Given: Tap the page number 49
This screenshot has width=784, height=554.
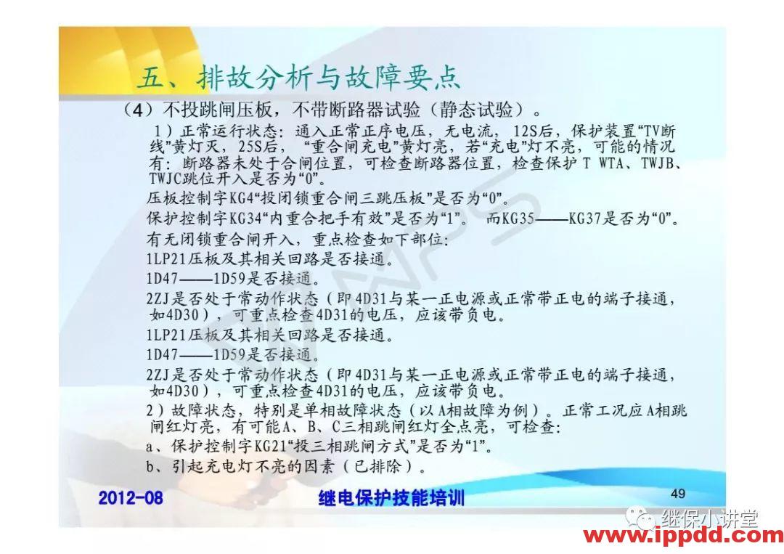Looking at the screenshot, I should point(678,494).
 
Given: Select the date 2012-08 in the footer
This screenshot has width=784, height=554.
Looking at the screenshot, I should point(131,497).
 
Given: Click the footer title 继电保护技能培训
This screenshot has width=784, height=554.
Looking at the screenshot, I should point(391,498).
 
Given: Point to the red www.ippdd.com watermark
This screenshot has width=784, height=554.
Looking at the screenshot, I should point(683,537).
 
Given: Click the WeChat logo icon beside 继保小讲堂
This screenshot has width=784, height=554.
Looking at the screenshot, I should point(642,518).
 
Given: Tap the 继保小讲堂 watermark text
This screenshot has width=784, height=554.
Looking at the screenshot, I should point(709,518).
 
